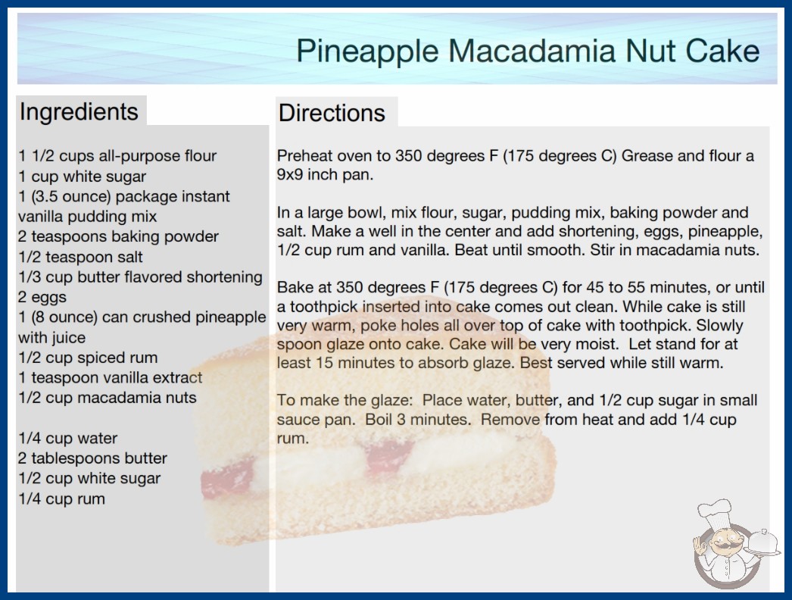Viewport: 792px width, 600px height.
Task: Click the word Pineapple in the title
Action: click(367, 52)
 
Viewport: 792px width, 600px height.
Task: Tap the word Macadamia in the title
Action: click(532, 51)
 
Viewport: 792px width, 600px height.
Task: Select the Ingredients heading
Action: click(79, 112)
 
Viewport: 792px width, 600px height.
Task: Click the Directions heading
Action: click(332, 113)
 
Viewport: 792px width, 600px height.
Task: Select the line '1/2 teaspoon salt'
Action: click(80, 257)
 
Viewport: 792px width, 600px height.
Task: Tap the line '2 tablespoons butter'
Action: click(92, 458)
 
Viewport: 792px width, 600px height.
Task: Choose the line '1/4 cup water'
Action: click(67, 438)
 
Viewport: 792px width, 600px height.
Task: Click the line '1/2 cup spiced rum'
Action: click(88, 358)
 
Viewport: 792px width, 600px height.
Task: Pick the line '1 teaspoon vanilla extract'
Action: click(110, 377)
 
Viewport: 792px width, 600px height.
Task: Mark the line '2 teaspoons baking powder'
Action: click(118, 236)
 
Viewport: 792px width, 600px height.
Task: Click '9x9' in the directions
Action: click(290, 174)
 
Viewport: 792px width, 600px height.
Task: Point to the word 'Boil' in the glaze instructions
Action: click(377, 420)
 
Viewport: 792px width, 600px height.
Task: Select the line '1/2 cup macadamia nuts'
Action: click(107, 398)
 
